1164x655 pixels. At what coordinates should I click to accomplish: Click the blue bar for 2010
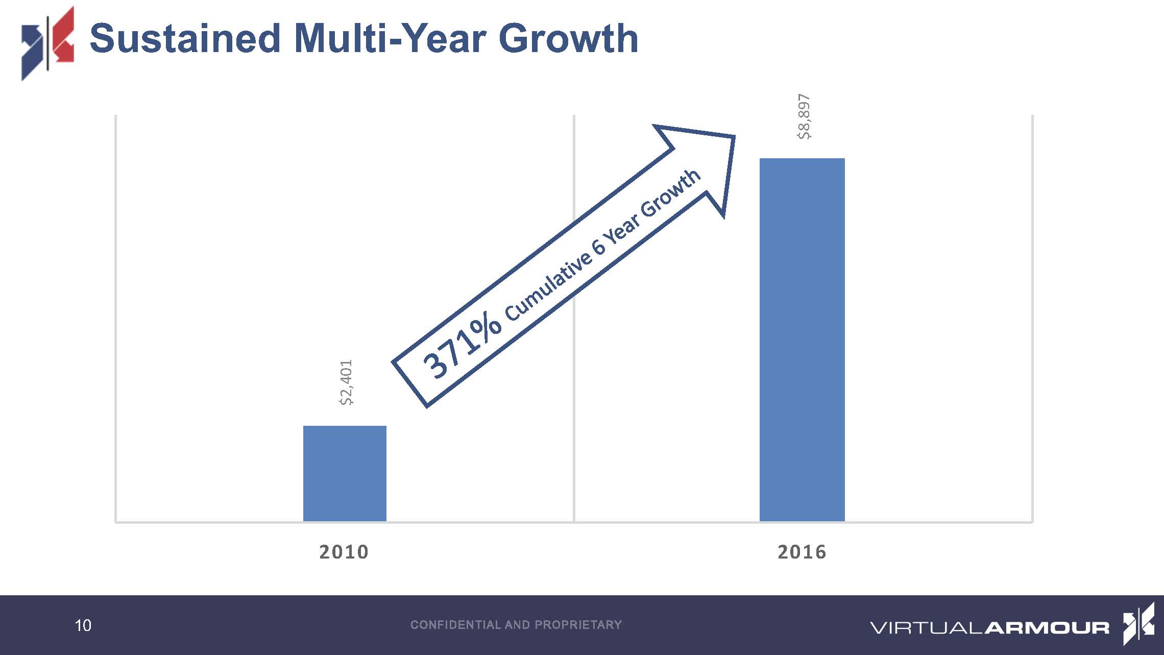coord(345,473)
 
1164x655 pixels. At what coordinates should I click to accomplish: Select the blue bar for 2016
coord(802,339)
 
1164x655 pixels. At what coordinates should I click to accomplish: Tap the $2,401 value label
coord(346,382)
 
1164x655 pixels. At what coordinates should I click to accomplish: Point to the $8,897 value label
coord(804,116)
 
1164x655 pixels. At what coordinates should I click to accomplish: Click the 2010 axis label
coord(344,552)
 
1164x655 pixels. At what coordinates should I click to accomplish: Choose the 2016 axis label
coord(802,552)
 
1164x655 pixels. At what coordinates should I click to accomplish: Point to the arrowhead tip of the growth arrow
coord(734,136)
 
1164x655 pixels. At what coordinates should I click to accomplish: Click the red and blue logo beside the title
coord(47,43)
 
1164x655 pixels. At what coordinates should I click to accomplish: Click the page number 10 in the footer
coord(83,625)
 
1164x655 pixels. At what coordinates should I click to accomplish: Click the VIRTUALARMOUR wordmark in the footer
coord(989,627)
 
